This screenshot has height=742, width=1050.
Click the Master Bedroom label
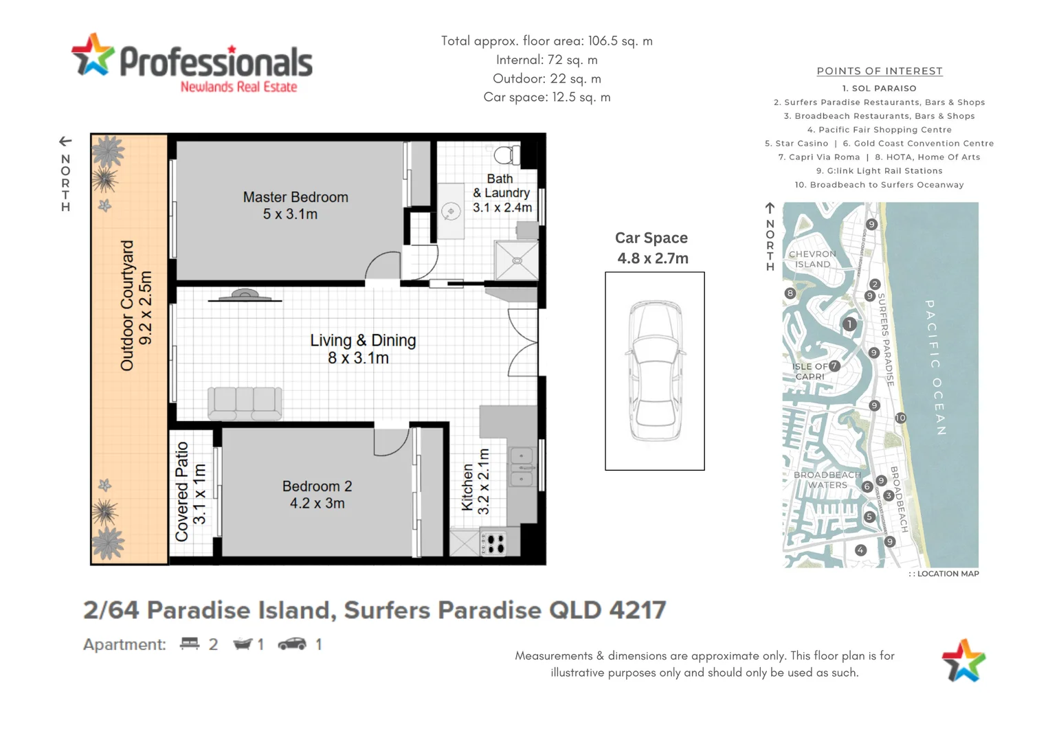tap(295, 205)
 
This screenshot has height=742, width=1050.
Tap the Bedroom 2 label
tap(317, 495)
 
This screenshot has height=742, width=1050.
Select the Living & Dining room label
tap(362, 349)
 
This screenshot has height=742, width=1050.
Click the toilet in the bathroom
tap(507, 155)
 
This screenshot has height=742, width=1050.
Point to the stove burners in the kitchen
tap(495, 543)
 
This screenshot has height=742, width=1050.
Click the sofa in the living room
tap(245, 403)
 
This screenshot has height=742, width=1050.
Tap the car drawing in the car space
tap(656, 371)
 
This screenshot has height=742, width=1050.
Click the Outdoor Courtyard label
tap(135, 306)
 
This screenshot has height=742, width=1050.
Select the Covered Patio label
tap(190, 491)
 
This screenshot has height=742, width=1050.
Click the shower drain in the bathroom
tap(517, 260)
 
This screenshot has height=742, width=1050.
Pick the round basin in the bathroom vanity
tap(451, 212)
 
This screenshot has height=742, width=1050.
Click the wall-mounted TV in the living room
tap(245, 296)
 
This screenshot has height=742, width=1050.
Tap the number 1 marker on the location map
tap(849, 324)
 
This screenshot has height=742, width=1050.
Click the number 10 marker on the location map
tap(900, 418)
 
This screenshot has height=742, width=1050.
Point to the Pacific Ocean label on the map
tap(935, 368)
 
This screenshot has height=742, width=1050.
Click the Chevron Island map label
tap(812, 259)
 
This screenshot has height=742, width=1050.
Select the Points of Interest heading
tap(879, 71)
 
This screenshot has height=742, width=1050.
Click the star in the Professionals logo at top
tap(92, 55)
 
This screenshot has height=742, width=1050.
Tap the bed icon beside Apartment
tap(189, 644)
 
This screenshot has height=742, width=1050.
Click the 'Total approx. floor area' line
tap(546, 41)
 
